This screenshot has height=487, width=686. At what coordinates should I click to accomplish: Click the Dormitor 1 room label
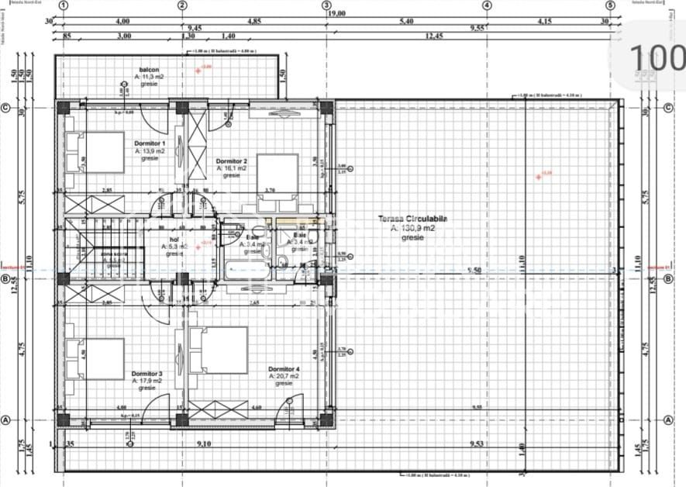150,143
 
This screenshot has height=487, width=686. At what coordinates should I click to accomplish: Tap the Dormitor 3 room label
147,373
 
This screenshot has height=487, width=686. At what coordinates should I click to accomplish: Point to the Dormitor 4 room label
284,368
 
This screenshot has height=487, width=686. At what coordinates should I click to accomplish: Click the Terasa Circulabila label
412,219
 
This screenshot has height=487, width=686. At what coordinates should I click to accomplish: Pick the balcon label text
149,70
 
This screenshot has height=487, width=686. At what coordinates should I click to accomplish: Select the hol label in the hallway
174,240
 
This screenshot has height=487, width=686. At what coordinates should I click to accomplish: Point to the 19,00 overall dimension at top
336,13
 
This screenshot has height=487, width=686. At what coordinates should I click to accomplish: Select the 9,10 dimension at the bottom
203,444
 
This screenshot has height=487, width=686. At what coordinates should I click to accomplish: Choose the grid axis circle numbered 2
182,5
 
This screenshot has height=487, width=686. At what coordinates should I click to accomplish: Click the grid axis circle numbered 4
487,5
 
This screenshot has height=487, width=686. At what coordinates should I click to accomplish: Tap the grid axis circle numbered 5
610,5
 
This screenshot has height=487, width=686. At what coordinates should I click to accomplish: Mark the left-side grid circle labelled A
6,420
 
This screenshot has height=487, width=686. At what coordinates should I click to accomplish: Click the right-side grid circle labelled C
668,108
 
